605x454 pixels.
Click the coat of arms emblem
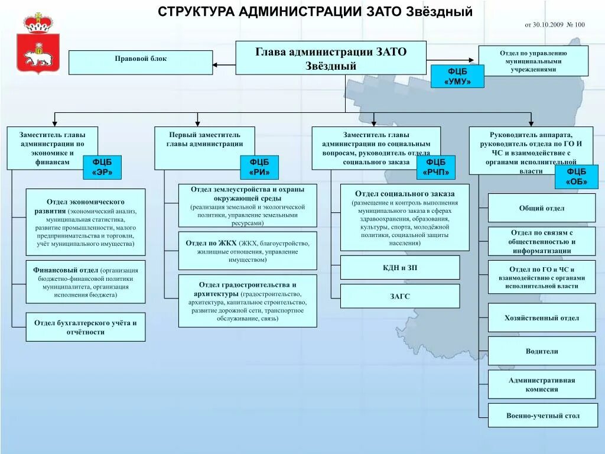tap(38, 43)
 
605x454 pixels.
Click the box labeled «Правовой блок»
tap(141, 62)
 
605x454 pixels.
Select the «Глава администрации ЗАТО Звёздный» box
tap(331, 57)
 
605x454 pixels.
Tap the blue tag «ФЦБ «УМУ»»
tap(457, 76)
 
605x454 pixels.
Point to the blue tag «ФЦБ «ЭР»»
tap(102, 167)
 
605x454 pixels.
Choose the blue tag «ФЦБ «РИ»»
tap(259, 167)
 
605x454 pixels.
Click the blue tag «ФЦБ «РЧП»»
tap(436, 167)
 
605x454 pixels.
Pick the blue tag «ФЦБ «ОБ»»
tap(572, 177)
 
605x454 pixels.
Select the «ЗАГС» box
tap(400, 296)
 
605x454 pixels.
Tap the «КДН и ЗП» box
tap(400, 268)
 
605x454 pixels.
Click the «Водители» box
tap(542, 351)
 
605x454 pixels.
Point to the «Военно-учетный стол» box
tap(542, 416)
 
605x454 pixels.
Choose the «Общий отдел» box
tap(542, 208)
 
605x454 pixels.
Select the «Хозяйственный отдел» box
tap(542, 318)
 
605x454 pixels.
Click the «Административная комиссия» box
tap(542, 384)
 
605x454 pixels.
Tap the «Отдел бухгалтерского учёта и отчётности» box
tap(86, 327)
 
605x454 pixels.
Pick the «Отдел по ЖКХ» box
tap(248, 251)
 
